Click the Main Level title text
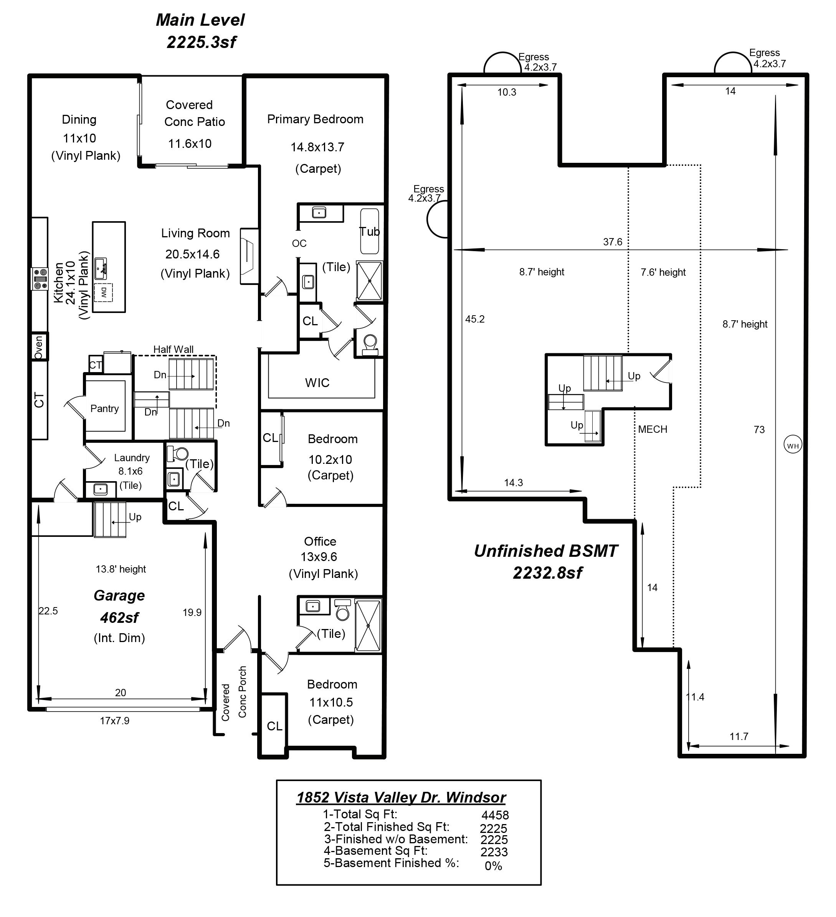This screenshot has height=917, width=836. [200, 20]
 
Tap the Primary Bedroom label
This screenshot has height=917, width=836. [315, 119]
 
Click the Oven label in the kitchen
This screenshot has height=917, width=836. [39, 347]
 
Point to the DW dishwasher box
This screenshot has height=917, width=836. [104, 292]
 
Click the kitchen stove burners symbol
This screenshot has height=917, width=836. [40, 279]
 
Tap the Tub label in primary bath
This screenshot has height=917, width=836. [370, 232]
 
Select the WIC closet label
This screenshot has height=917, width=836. [317, 382]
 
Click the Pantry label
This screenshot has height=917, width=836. [104, 409]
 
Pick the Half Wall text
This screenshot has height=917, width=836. [173, 349]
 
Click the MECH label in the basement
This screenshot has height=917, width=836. [653, 429]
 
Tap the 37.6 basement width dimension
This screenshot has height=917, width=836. [612, 242]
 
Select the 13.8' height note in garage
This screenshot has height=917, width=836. [121, 569]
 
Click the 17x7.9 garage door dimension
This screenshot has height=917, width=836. [114, 720]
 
